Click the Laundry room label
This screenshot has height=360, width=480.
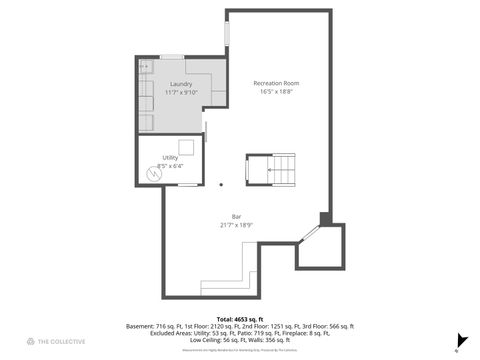click(181, 84)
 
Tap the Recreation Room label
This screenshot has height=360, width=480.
click(276, 82)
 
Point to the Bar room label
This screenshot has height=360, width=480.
click(236, 216)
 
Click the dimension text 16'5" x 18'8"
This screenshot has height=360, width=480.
click(276, 91)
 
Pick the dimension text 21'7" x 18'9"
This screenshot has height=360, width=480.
click(236, 225)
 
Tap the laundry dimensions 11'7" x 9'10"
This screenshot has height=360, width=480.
click(181, 93)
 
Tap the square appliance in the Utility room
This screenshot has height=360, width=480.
click(185, 147)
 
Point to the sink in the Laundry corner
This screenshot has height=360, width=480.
click(145, 66)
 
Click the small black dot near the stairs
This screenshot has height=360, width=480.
click(221, 184)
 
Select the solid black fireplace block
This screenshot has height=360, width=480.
click(325, 218)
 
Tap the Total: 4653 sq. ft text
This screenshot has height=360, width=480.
click(240, 317)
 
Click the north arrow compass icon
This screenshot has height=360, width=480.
click(460, 340)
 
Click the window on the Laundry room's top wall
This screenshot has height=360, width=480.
click(172, 57)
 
